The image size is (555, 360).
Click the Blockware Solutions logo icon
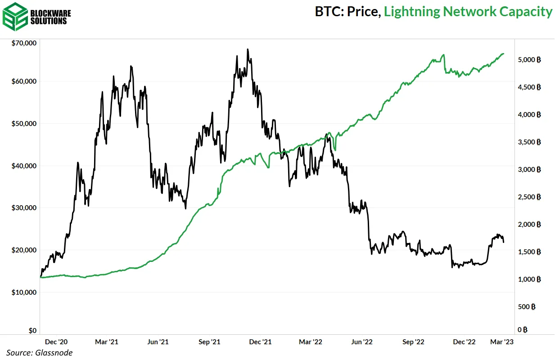click(x=14, y=17)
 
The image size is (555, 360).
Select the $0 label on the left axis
click(x=32, y=330)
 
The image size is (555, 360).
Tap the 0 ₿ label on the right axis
click(x=522, y=330)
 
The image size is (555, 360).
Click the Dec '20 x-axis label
click(x=57, y=342)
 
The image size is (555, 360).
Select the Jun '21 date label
click(x=158, y=342)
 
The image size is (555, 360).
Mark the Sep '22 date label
click(x=414, y=342)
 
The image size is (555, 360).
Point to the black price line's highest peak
click(x=248, y=49)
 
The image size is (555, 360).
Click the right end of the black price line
click(x=504, y=242)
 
